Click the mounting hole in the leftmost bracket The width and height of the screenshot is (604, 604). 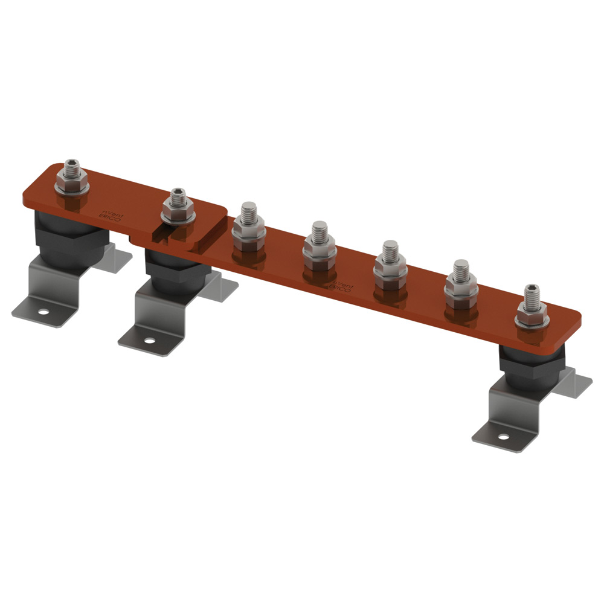[43, 312]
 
